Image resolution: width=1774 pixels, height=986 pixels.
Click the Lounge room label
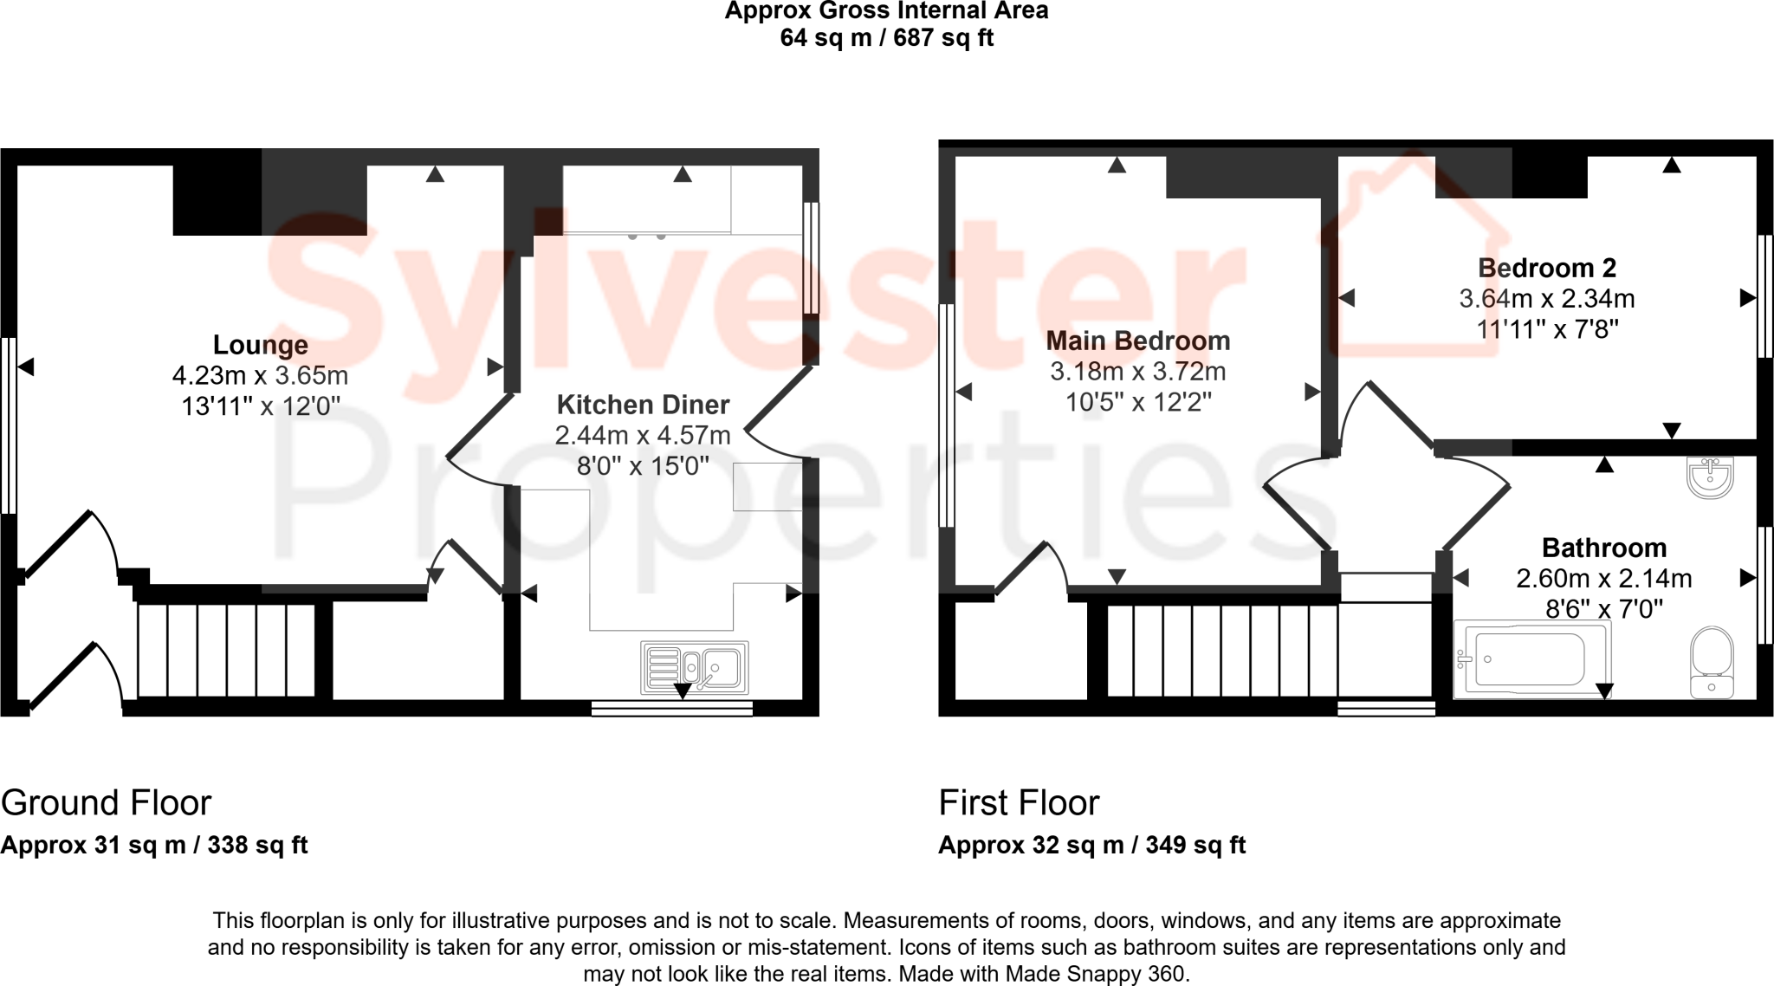tap(260, 345)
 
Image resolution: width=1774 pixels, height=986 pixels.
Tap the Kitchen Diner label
tap(643, 405)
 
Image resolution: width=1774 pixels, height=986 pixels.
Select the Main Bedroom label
tap(1137, 341)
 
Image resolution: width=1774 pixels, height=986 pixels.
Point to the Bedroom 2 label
tap(1546, 268)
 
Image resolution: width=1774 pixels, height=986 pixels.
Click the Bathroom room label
tap(1603, 548)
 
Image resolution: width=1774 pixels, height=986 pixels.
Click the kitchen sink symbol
tap(694, 668)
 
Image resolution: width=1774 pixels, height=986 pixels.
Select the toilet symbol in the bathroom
tap(1712, 662)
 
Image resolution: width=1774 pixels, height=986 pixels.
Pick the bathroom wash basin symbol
tap(1710, 477)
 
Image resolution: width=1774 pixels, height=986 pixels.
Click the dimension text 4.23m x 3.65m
tap(260, 375)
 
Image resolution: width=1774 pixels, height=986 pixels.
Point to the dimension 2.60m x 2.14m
tap(1603, 578)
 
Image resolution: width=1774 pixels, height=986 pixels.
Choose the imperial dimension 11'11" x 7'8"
tap(1546, 329)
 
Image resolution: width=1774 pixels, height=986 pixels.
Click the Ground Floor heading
tap(106, 803)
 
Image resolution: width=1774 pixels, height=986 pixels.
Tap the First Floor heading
tap(1019, 803)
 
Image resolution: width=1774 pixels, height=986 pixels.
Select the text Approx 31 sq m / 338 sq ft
tap(154, 845)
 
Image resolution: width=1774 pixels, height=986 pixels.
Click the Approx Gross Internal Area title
tap(886, 11)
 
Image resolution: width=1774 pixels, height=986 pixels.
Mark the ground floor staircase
tap(226, 650)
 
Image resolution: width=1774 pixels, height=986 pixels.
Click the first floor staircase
tap(1221, 650)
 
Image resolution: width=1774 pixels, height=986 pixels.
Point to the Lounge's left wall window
tap(9, 425)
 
